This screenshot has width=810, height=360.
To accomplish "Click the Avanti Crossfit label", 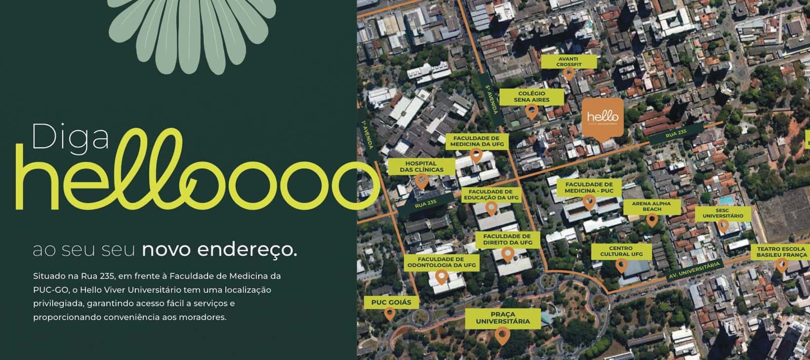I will click(x=569, y=62).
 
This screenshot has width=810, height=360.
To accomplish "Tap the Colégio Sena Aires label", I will click(x=531, y=97).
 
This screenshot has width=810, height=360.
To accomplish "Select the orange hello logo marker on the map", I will click(x=602, y=117).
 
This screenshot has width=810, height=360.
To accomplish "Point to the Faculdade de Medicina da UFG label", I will click(x=476, y=141).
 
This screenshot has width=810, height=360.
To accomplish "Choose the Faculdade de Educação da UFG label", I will click(x=491, y=195).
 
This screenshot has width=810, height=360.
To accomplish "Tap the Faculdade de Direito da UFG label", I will click(x=507, y=239).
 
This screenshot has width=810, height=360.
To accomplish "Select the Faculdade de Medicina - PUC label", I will click(x=589, y=187).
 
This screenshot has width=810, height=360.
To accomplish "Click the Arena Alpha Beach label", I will click(x=652, y=206).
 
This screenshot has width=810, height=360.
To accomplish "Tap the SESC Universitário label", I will click(x=722, y=213).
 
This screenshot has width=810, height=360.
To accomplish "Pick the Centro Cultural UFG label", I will click(x=621, y=251).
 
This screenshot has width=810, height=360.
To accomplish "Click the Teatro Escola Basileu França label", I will click(x=781, y=252).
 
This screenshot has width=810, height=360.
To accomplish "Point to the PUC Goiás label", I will click(x=388, y=303).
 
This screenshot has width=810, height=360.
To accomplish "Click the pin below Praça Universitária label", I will click(x=502, y=336).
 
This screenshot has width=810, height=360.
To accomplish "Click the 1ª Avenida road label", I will click(x=368, y=136).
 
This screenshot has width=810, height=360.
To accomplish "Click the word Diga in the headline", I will click(x=71, y=137).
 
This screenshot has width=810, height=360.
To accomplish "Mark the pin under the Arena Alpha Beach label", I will click(x=652, y=220).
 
